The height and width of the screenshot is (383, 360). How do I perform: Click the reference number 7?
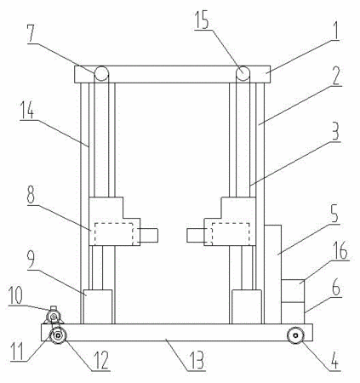click(31, 33)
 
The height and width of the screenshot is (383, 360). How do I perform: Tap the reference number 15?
click(203, 19)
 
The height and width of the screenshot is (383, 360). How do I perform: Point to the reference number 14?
click(27, 110)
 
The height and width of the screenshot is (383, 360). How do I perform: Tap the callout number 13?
click(197, 360)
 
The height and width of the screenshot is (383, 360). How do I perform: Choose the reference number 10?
click(15, 295)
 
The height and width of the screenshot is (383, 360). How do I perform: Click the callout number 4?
click(334, 360)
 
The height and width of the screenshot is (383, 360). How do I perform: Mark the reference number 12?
click(101, 360)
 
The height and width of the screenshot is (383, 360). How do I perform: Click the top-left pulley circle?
click(101, 74)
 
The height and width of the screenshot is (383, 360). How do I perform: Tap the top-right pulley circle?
click(243, 74)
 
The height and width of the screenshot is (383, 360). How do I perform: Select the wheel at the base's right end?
click(295, 335)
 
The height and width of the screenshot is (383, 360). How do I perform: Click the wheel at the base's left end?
click(58, 336)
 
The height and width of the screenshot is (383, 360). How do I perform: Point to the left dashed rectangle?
click(114, 234)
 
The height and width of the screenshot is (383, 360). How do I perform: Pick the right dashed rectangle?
click(231, 234)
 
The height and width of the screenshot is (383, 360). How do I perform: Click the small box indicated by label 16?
click(293, 291)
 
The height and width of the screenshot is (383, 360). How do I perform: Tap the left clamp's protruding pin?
click(149, 236)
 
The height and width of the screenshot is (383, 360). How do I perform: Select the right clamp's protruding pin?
click(196, 236)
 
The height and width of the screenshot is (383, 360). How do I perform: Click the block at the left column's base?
click(98, 306)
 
